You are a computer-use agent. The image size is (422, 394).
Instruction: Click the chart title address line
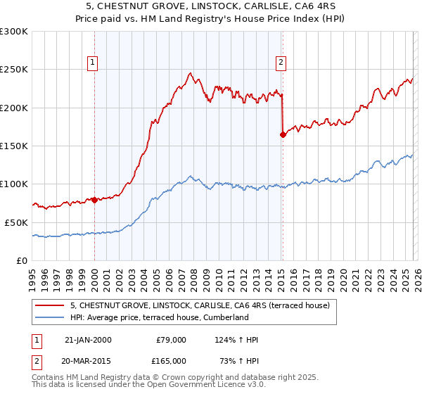click(x=211, y=6)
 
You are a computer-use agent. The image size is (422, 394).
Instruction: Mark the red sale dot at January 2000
click(x=94, y=200)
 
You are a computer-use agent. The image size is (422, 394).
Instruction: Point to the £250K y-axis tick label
click(x=14, y=70)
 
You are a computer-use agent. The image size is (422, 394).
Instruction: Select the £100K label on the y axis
click(x=14, y=184)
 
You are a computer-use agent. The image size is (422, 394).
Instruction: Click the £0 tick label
click(x=21, y=260)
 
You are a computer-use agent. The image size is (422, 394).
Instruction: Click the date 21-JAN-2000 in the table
click(x=88, y=340)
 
